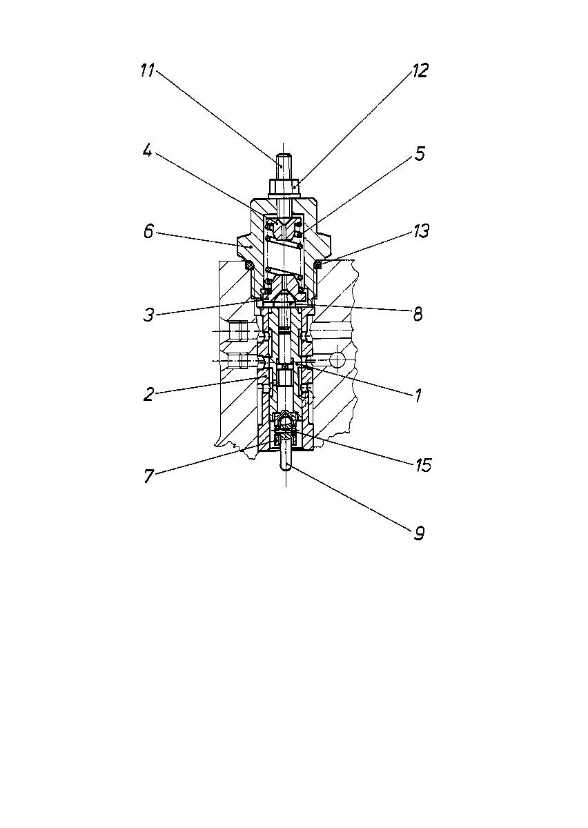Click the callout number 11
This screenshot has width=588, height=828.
pyautogui.click(x=147, y=70)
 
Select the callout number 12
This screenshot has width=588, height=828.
pyautogui.click(x=420, y=70)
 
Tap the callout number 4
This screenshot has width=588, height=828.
pyautogui.click(x=147, y=150)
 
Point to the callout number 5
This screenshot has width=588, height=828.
pyautogui.click(x=420, y=153)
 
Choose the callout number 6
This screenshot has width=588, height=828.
pyautogui.click(x=148, y=231)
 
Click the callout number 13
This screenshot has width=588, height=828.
pyautogui.click(x=421, y=230)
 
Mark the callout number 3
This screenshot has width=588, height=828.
pyautogui.click(x=148, y=315)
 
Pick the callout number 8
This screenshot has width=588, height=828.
pyautogui.click(x=418, y=314)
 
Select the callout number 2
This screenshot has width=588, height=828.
pyautogui.click(x=148, y=395)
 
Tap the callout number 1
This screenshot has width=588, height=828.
pyautogui.click(x=418, y=395)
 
